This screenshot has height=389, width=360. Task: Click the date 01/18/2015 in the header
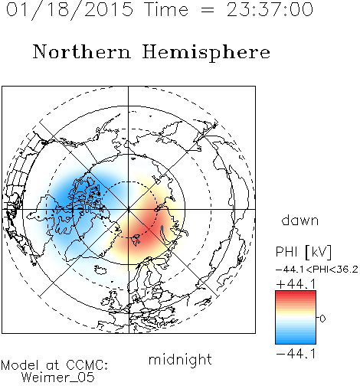[x=70, y=10]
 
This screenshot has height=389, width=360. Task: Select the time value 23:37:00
[x=270, y=9]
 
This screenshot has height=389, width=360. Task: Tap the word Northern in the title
[x=82, y=52]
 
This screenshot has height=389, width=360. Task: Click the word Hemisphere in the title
[x=206, y=53]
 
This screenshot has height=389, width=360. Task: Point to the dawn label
[x=300, y=220]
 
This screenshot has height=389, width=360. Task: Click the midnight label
[x=180, y=359]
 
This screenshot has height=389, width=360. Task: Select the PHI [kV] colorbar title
[x=303, y=252]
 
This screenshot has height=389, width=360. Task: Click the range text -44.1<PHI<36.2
[x=317, y=270]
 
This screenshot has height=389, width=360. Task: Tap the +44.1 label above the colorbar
[x=296, y=284]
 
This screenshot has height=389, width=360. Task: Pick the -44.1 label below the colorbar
[x=296, y=354]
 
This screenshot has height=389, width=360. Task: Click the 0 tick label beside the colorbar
[x=322, y=319]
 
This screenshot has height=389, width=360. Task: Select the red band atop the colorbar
[x=296, y=296]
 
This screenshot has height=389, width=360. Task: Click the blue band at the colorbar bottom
[x=296, y=339]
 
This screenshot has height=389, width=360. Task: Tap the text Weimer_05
[x=57, y=378]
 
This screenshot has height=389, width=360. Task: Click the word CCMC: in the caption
[x=87, y=365]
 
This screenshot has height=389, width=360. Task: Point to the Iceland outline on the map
[x=100, y=270]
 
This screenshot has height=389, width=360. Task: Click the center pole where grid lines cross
[x=128, y=209]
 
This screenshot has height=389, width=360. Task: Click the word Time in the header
[x=166, y=9]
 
